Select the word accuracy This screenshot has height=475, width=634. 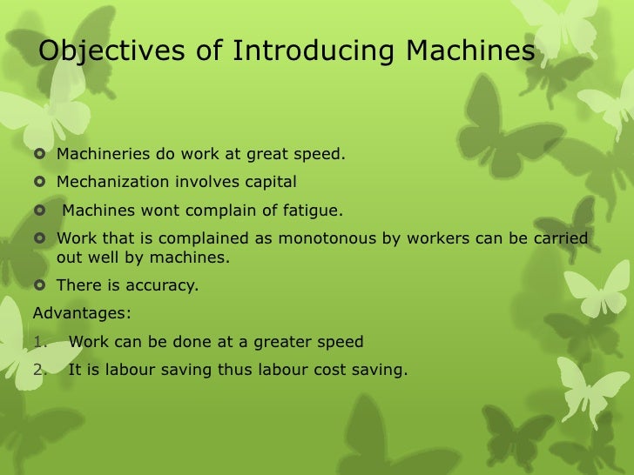[165, 284]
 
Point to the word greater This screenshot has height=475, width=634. [290, 341]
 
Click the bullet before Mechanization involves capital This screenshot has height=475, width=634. [40, 183]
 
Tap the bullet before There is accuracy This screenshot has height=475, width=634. [40, 284]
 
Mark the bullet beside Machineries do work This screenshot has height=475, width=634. [40, 156]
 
